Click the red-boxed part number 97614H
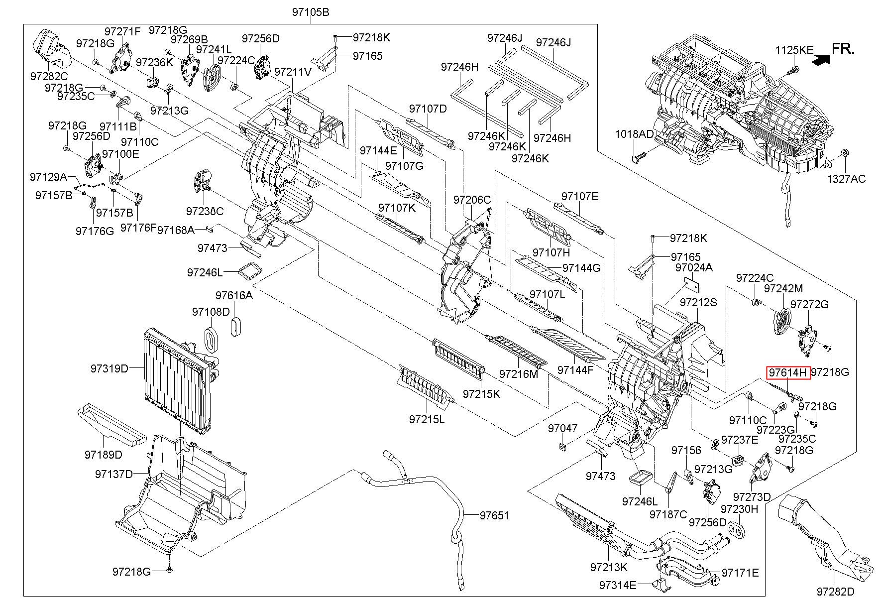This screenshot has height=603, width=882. coord(789,372)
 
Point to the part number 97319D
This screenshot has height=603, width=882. coord(110,368)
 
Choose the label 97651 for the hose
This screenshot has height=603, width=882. coord(494,515)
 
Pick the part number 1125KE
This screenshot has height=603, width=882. coord(794,50)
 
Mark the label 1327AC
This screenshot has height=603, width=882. coord(846,178)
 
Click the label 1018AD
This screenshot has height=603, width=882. coord(634,134)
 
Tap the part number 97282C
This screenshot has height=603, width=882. coord(49,76)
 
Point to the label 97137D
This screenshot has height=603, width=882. coord(114,474)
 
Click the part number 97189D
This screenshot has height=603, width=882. coord(103,455)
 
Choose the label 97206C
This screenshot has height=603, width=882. coord(472,200)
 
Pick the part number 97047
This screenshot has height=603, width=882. coord(563,428)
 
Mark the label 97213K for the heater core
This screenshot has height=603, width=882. coord(609,567)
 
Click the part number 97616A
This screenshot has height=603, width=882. coord(234,295)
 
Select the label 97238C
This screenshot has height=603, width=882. coord(205,211)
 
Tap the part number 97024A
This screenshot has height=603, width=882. coord(694,267)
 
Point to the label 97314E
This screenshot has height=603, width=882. coord(618,585)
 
